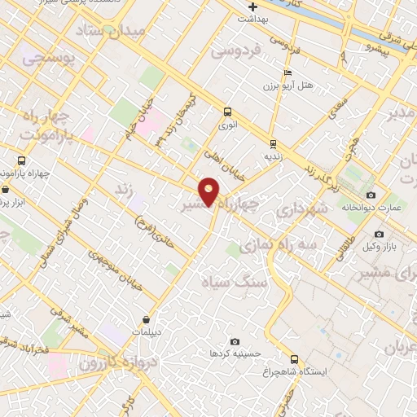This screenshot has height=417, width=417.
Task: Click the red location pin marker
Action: (209, 191)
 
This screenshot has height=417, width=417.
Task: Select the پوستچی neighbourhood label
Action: (48, 57)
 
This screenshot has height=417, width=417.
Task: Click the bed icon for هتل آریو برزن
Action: (288, 72)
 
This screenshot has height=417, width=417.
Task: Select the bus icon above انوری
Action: (227, 112)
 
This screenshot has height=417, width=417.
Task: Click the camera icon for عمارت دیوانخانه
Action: (371, 195)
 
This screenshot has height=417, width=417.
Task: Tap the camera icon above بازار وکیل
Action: (379, 234)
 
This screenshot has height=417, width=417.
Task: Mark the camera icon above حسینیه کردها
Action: (235, 341)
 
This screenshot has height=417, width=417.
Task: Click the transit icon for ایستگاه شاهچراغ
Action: (294, 358)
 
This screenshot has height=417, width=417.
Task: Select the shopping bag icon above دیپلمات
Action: (146, 319)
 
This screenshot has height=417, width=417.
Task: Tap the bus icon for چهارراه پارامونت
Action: (23, 160)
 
